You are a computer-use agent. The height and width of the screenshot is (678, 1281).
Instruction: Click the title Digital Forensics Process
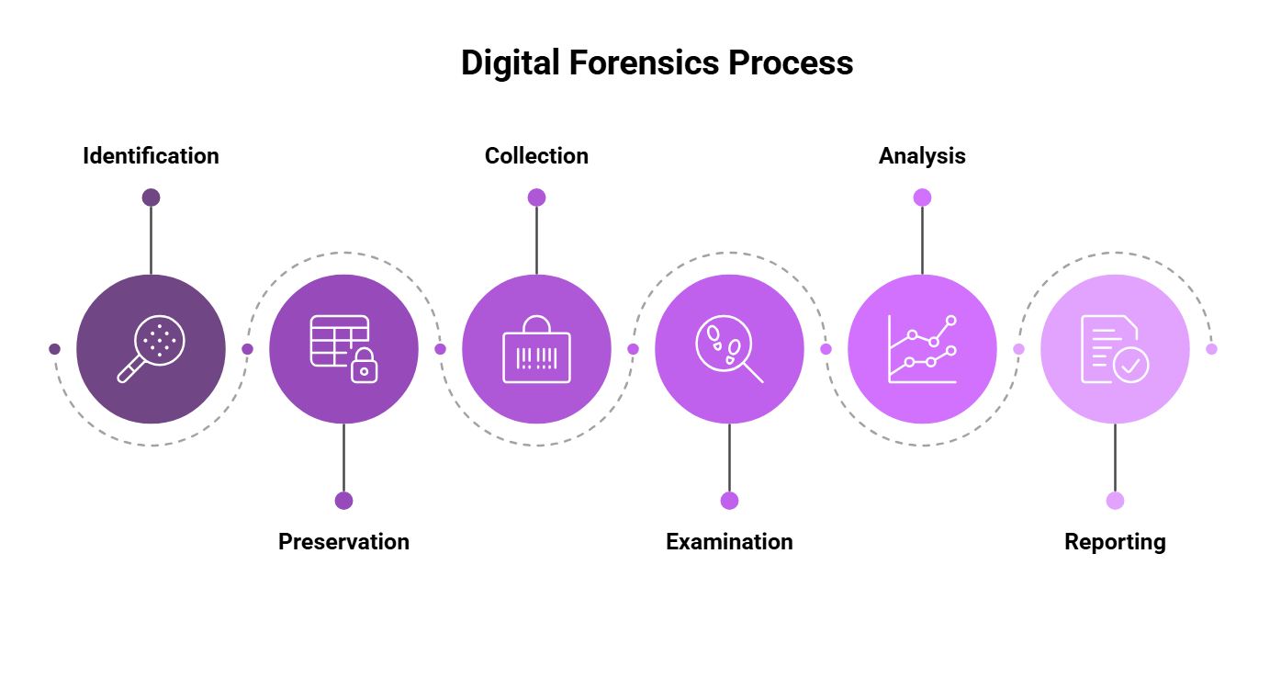click(x=657, y=63)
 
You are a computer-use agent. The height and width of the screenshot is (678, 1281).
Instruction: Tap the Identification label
click(x=151, y=156)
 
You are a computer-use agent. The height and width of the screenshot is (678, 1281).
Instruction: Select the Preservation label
click(x=343, y=542)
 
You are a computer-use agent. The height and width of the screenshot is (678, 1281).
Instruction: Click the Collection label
click(x=536, y=156)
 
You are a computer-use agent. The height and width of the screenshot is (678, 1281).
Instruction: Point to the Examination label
click(x=729, y=542)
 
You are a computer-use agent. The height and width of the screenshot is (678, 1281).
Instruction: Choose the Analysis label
click(x=922, y=156)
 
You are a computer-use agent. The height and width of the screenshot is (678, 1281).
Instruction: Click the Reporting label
click(x=1115, y=542)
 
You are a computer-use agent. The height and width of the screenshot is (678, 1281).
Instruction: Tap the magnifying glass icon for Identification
click(x=151, y=349)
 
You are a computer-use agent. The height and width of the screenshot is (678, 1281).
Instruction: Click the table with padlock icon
click(x=343, y=349)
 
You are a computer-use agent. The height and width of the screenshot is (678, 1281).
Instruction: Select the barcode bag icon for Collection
click(x=536, y=349)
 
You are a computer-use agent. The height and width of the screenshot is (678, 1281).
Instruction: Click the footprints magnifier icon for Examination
click(x=729, y=349)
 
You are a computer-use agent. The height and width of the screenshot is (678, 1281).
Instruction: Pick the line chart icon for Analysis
click(x=922, y=349)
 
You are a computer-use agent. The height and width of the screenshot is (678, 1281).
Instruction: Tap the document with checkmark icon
click(x=1115, y=349)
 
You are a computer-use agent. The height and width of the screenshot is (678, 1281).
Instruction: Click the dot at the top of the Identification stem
click(x=151, y=198)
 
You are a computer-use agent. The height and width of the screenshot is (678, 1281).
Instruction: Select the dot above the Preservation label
click(x=343, y=501)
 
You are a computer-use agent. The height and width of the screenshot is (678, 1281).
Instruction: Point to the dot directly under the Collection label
click(x=536, y=198)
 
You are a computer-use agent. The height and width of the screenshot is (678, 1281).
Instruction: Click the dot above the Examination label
click(x=729, y=501)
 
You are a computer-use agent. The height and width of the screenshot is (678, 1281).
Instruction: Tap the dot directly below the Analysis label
click(x=922, y=198)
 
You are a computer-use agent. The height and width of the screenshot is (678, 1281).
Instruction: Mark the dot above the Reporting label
click(x=1115, y=501)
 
